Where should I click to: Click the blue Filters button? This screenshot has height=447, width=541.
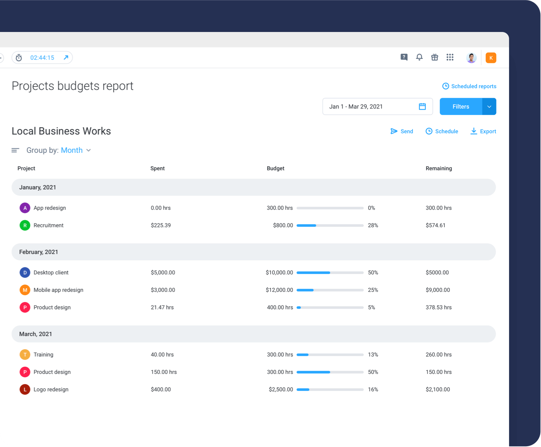pos(461,107)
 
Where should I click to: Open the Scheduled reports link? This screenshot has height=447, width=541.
pos(469,86)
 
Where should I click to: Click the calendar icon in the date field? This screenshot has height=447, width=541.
pos(422,107)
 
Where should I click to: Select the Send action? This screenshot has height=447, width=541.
pos(402,131)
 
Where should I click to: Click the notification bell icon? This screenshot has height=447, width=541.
pos(419,57)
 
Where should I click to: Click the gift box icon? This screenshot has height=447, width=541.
pos(434,57)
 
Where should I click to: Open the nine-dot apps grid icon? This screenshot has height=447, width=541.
pos(450,57)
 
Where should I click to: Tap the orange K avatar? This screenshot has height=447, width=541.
pos(491,58)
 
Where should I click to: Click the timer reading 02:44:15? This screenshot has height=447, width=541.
pos(42,58)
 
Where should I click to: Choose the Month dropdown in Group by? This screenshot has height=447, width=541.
pos(76,150)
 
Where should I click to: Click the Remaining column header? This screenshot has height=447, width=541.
pos(438,168)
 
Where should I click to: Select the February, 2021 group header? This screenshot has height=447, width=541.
pos(39,252)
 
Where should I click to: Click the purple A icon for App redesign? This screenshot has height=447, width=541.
pos(25,208)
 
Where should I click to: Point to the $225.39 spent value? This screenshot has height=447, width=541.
pos(161,225)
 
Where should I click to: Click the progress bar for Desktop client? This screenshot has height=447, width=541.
pos(330,273)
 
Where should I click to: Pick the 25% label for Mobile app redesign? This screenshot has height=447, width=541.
pos(373,290)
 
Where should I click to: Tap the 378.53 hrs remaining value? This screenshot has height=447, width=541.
pos(438,308)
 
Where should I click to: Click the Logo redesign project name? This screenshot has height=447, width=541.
pos(51,390)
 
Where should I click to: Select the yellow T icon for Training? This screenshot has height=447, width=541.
pos(25,355)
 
